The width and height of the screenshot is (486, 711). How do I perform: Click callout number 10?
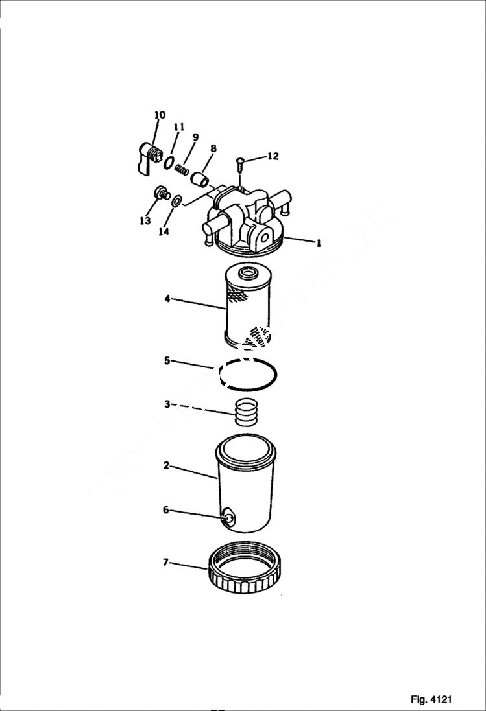pos(160,115)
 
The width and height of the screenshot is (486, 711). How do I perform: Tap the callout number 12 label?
pos(273,156)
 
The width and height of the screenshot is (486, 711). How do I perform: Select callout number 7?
pos(165,562)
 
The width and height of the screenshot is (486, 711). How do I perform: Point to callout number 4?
pos(167,299)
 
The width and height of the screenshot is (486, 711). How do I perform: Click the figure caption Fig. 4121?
pos(431,699)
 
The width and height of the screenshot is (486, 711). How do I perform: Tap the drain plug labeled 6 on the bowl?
pos(228,518)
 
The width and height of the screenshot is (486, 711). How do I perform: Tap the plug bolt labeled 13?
pos(160,193)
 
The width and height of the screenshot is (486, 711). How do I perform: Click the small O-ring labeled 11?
pos(168,163)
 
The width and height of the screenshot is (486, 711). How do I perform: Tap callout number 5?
pos(167,360)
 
